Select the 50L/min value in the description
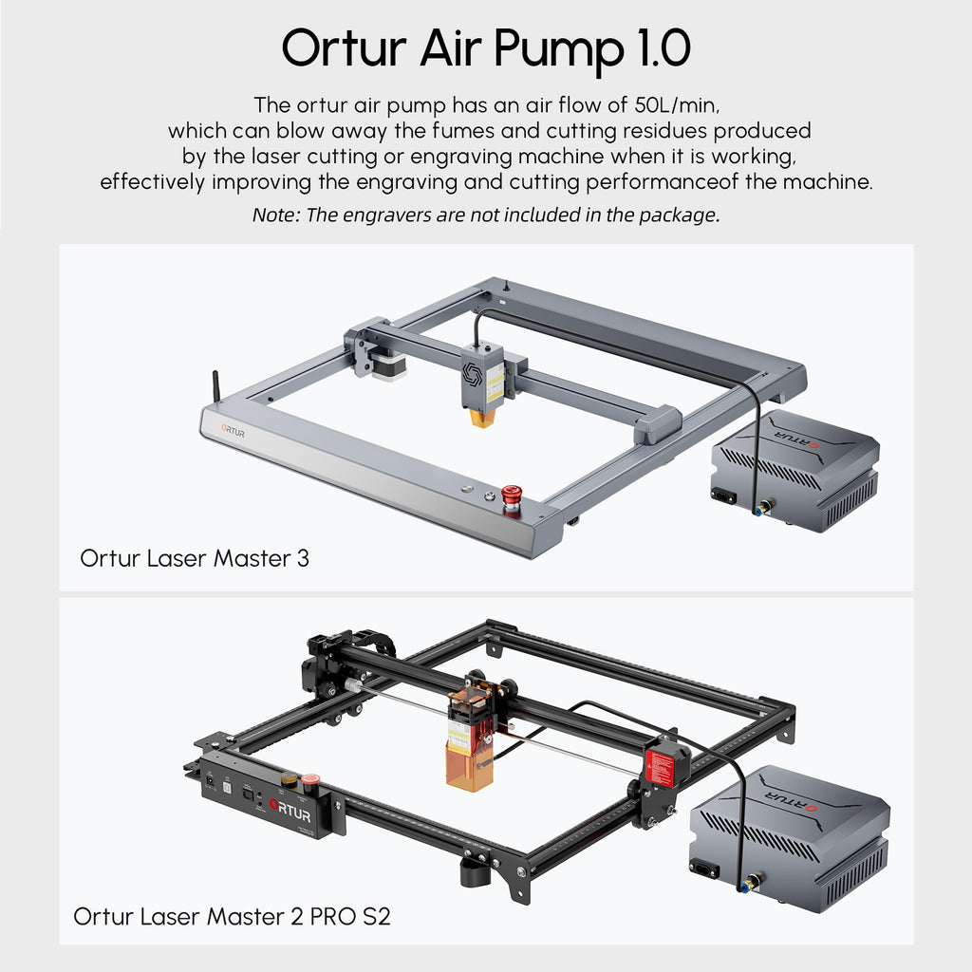pyautogui.click(x=677, y=105)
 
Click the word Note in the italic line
pyautogui.click(x=276, y=215)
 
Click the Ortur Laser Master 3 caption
pyautogui.click(x=195, y=558)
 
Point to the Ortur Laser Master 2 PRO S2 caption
pyautogui.click(x=232, y=916)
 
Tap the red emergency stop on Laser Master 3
pyautogui.click(x=512, y=499)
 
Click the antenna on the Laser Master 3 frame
pyautogui.click(x=216, y=387)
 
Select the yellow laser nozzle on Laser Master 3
pyautogui.click(x=481, y=418)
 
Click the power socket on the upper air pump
pyautogui.click(x=723, y=495)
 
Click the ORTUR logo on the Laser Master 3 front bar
pyautogui.click(x=234, y=430)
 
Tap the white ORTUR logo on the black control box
pyautogui.click(x=290, y=811)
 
